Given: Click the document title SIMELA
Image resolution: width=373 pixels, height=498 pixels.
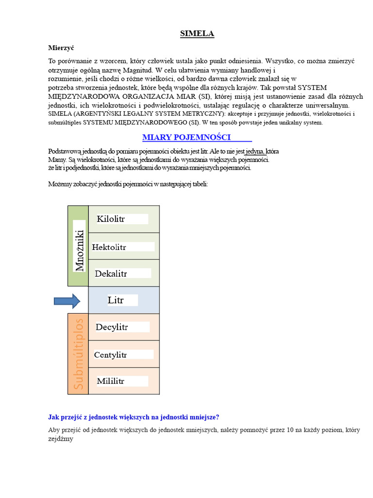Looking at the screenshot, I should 197,34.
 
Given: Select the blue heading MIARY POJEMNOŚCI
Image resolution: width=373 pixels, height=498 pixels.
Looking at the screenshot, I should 186,137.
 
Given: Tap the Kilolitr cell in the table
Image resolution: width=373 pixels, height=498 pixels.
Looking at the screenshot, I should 123,219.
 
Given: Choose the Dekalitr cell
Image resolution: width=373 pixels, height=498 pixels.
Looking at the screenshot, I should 123,274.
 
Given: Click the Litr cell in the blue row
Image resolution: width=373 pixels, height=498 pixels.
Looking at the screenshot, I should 123,301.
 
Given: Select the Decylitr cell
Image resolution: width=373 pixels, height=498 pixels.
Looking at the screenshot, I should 123,327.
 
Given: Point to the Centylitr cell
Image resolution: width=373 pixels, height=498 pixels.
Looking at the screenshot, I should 123,355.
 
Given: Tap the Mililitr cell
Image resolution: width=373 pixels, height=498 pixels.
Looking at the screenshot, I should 123,381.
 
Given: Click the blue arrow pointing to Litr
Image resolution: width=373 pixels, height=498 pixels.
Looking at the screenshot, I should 67,302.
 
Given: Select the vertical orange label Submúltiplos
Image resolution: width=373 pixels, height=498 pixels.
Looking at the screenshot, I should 79,354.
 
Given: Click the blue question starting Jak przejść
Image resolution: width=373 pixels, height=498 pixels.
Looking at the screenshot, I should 134,417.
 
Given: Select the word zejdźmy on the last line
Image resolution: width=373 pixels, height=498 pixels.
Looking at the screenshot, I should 61,439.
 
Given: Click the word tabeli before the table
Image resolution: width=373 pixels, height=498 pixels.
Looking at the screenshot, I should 199,184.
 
